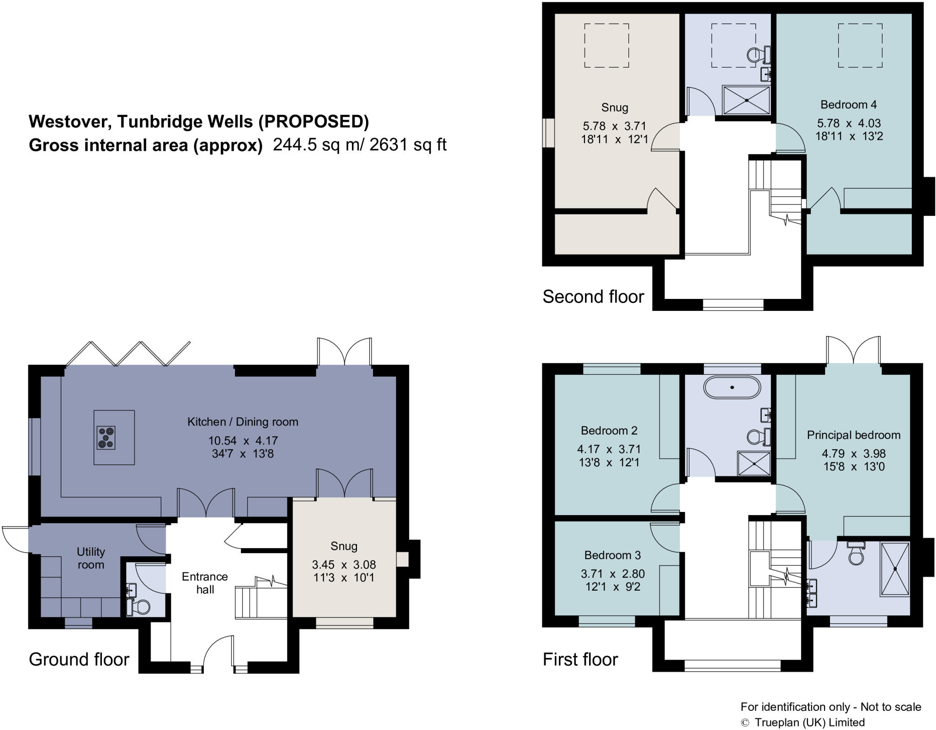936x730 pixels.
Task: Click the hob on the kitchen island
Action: click(106, 437)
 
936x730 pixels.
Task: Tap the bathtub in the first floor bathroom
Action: click(732, 388)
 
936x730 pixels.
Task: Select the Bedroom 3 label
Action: click(612, 555)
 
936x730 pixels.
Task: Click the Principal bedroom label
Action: click(853, 435)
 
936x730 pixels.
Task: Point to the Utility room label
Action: click(90, 558)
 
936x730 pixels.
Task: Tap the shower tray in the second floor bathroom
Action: click(746, 100)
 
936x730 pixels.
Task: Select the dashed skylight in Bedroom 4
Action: click(860, 46)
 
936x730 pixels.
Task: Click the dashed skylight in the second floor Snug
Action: click(606, 46)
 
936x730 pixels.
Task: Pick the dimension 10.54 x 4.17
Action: click(243, 441)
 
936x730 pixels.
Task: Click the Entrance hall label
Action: click(205, 583)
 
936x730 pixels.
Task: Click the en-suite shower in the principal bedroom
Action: click(895, 569)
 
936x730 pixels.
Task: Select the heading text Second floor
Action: click(593, 297)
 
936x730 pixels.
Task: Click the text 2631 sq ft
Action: click(408, 145)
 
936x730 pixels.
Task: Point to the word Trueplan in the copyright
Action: click(776, 722)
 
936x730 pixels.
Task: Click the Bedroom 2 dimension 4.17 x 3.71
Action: click(608, 449)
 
